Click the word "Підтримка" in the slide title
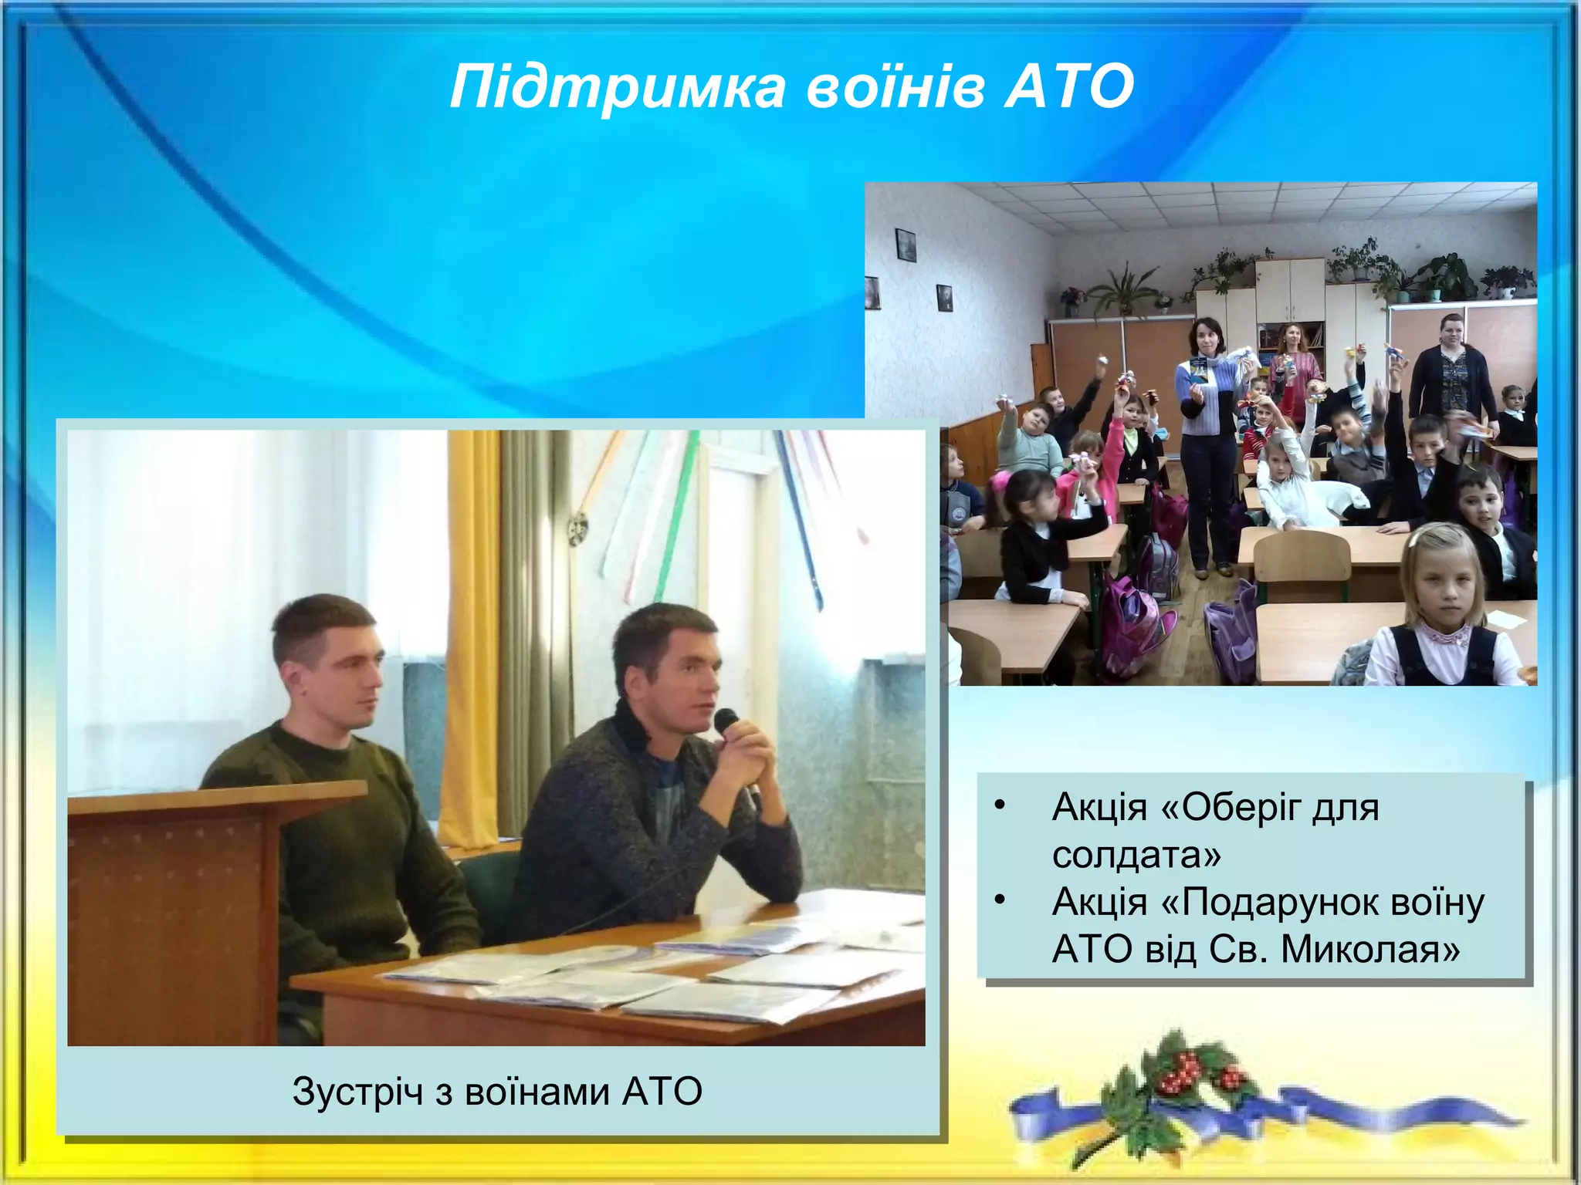618,87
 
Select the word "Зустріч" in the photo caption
357,1092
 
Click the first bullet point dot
1000,805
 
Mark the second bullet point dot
1000,900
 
